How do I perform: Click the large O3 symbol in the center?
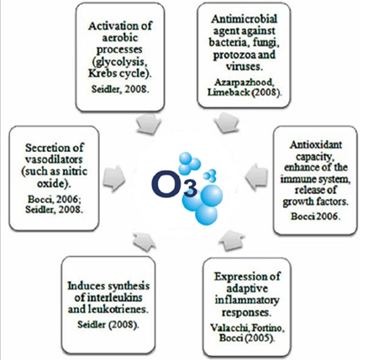pos(175,185)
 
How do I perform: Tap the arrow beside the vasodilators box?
pos(114,179)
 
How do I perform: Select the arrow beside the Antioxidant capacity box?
pos(256,177)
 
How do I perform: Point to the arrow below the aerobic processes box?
pos(150,123)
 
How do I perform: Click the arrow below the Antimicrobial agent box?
pos(226,123)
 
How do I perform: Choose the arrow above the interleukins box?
pos(144,241)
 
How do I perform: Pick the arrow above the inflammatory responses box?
pos(232,239)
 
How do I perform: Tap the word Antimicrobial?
pos(244,19)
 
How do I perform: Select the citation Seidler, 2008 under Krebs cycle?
pos(119,89)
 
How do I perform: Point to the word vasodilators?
pos(54,159)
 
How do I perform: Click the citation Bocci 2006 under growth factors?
pos(316,217)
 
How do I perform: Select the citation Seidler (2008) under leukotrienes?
pos(108,325)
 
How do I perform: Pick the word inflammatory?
pos(247,300)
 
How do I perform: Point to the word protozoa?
pos(234,55)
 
